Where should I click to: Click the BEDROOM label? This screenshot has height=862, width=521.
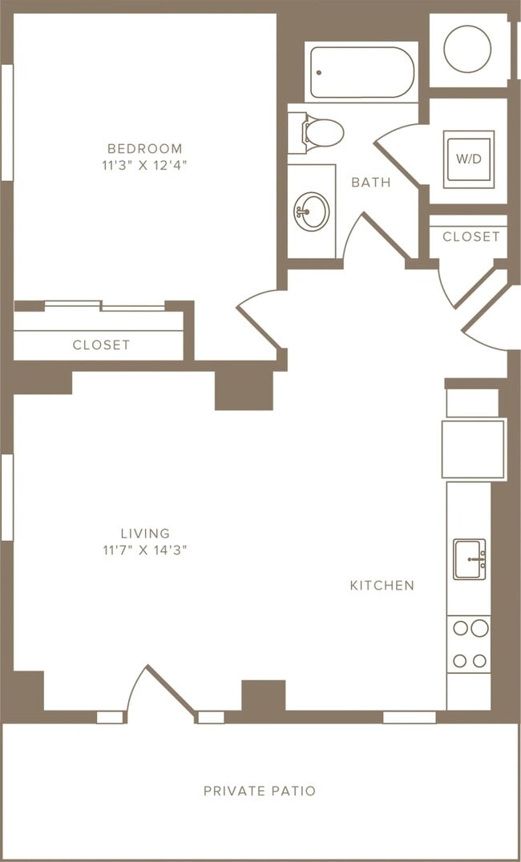click(x=145, y=148)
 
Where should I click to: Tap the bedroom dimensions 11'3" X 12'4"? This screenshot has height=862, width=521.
click(x=145, y=166)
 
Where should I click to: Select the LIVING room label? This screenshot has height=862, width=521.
click(x=145, y=533)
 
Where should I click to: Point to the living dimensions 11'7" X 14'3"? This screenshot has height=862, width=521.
click(x=145, y=550)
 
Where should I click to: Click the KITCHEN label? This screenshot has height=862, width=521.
click(x=382, y=585)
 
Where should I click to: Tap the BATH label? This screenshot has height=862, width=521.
click(x=371, y=182)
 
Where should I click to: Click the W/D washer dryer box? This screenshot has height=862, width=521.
click(x=469, y=159)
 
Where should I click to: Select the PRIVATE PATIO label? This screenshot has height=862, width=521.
click(x=260, y=791)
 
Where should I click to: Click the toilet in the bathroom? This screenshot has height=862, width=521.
click(x=322, y=132)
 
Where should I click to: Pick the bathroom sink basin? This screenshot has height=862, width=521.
click(x=311, y=211)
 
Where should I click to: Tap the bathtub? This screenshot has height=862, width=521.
click(x=362, y=72)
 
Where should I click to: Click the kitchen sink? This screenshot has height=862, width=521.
click(x=469, y=559)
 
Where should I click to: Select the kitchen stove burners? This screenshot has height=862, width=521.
click(x=468, y=644)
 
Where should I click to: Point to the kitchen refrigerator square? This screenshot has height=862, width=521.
click(x=474, y=449)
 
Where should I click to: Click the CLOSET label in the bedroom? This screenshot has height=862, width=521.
click(x=101, y=344)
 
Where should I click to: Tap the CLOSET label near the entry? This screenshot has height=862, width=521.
click(x=471, y=236)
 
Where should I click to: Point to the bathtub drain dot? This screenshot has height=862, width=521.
click(x=318, y=72)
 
